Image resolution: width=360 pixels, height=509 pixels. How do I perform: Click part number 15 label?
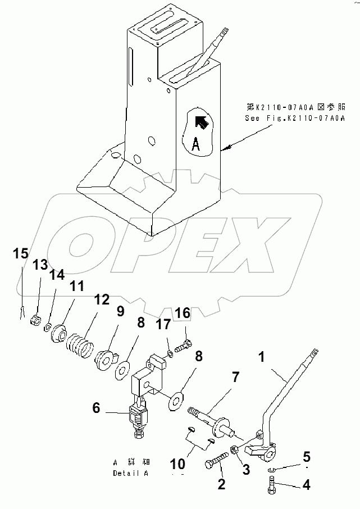tap(21, 253)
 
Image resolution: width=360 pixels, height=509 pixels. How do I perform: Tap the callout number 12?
tap(102, 299)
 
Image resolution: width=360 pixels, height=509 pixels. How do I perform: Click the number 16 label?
tap(184, 312)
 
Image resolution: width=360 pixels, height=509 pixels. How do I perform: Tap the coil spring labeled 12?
tap(79, 343)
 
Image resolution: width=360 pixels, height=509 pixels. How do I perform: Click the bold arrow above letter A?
tap(201, 122)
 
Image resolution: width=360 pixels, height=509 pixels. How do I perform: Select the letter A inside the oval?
tap(195, 144)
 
